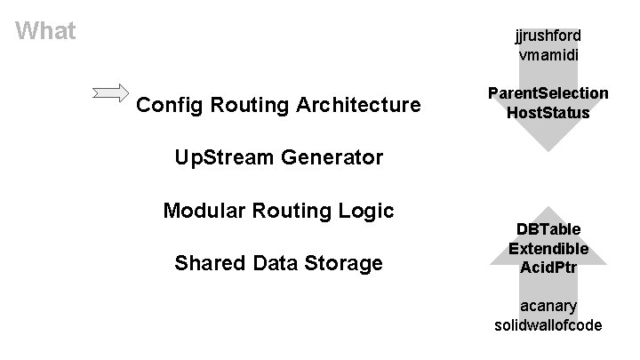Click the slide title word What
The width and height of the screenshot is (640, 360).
(46, 32)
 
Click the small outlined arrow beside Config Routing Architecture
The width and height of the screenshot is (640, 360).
(110, 92)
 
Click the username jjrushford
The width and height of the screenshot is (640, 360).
(548, 36)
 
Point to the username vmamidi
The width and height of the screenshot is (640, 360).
(548, 56)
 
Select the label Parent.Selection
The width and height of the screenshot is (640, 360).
(548, 93)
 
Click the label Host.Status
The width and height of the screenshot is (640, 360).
(548, 113)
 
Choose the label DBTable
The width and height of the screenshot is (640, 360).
(548, 229)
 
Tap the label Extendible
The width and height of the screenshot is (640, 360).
(548, 249)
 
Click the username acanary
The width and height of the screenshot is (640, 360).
(548, 306)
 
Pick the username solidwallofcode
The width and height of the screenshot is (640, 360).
(548, 325)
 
